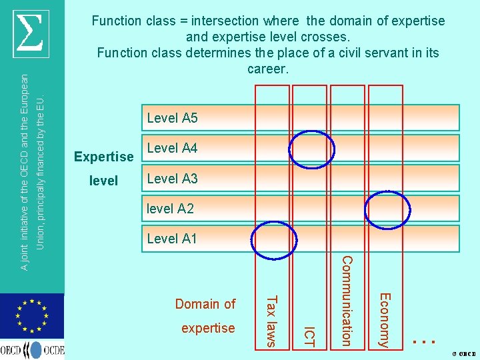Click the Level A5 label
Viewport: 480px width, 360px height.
[x=172, y=118]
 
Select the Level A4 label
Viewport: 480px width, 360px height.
[x=172, y=148]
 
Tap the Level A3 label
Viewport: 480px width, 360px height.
[x=172, y=179]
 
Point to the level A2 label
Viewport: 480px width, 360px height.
[x=170, y=209]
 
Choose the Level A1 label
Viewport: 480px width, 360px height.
[x=172, y=239]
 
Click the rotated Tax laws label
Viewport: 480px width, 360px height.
[x=271, y=320]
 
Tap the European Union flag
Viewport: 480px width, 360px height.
[x=31, y=316]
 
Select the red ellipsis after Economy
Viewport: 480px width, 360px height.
[x=424, y=339]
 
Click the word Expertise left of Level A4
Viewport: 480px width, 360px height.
[x=103, y=157]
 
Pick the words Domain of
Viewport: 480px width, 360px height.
[x=205, y=304]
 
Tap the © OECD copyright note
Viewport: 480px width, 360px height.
[x=463, y=353]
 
